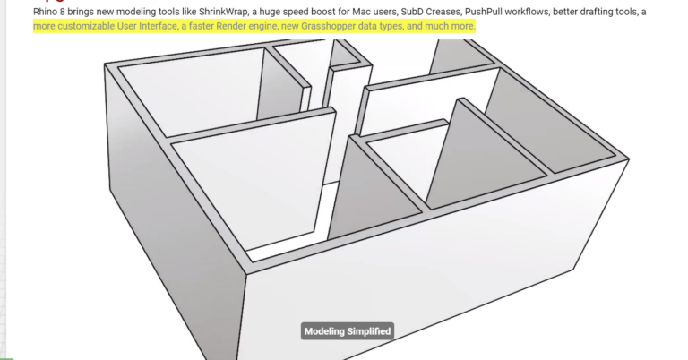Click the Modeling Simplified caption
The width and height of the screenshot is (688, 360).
tap(348, 331)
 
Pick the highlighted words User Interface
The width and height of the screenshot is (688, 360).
tap(142, 26)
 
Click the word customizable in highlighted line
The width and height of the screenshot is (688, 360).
tap(82, 26)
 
